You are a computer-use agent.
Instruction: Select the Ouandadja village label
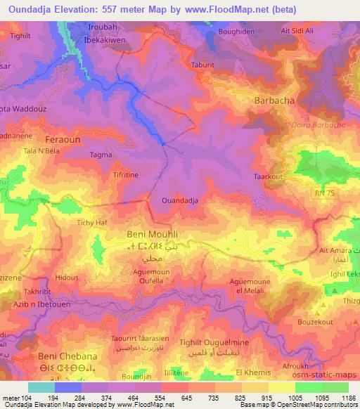(180, 200)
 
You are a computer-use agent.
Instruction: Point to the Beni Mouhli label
(152, 233)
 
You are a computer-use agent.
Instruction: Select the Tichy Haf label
(91, 223)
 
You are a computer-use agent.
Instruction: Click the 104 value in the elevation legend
(27, 398)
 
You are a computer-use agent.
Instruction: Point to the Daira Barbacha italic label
(308, 124)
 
